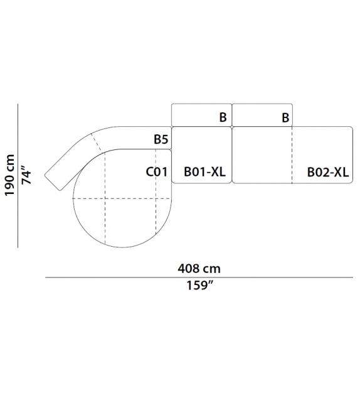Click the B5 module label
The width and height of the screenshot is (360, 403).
[161, 139]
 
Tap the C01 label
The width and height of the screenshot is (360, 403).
[156, 172]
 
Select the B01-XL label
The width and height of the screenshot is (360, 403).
[204, 172]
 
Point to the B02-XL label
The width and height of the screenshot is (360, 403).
[328, 172]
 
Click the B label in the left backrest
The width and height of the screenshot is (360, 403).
[223, 117]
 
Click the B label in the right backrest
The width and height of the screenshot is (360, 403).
[285, 118]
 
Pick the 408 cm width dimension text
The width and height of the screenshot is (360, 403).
[199, 269]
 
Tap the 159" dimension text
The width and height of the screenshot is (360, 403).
[199, 285]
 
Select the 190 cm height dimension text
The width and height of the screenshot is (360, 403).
[10, 175]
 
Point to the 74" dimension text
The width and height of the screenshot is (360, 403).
[26, 175]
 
